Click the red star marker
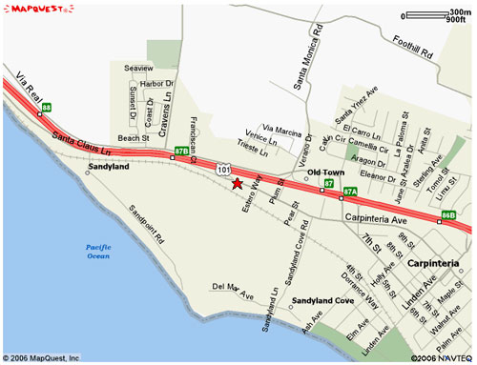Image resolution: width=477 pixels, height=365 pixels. coord(238,183)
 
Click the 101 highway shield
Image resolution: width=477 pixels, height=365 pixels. coord(222,169)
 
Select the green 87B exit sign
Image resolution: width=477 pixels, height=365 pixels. coord(182,151)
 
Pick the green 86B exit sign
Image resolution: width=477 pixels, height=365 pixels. coord(449,215)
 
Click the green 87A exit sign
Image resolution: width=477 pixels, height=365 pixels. coord(350,192)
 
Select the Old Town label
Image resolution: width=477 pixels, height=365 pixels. coord(326,172)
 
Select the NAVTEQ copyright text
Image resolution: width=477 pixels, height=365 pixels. coord(440,358)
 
